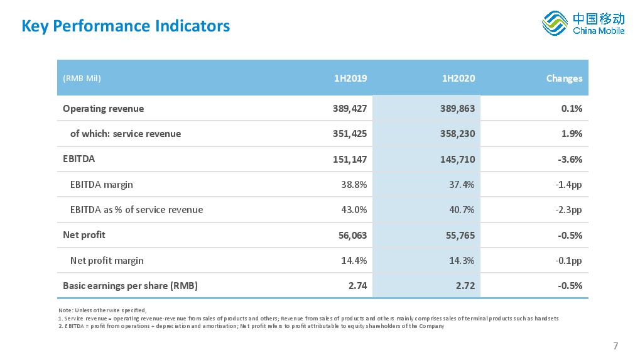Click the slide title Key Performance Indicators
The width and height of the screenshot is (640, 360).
coord(126,26)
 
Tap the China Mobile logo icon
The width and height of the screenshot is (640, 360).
coord(555,23)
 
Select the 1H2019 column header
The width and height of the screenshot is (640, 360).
coord(350,79)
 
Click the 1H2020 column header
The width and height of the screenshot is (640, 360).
coord(458,79)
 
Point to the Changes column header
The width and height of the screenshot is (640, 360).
coord(564,79)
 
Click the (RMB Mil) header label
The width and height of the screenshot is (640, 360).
coord(82,79)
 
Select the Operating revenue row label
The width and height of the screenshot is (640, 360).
coord(103,109)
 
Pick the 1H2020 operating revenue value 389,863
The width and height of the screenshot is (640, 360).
coord(458,109)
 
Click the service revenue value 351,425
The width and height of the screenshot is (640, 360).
coord(350,134)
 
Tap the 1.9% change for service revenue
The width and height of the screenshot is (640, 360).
coord(572,134)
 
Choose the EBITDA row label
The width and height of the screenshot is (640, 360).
coord(79,159)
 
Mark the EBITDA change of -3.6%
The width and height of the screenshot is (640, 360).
coord(570,159)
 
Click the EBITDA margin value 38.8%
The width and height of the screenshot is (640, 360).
coord(354,185)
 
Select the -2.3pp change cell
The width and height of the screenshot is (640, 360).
coord(568,210)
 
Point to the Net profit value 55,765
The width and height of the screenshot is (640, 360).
coord(460,236)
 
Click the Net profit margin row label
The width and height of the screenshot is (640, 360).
coord(107,260)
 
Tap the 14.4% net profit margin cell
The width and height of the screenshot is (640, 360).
coord(354,260)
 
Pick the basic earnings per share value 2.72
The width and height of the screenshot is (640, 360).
coord(465,286)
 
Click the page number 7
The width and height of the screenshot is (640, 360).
coord(616,346)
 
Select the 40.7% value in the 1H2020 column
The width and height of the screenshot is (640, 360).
coord(462,210)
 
